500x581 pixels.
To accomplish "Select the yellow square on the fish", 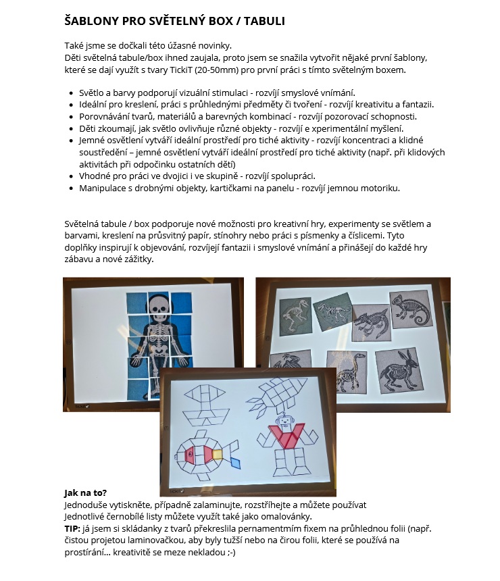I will click(218, 454).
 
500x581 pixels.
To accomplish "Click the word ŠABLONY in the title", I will click(92, 21).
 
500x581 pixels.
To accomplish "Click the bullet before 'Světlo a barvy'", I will click(72, 93).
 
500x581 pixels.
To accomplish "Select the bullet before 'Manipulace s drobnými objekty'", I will click(72, 188).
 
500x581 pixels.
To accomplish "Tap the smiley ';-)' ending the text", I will click(230, 552).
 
